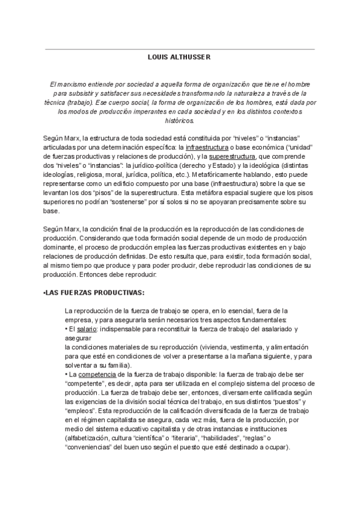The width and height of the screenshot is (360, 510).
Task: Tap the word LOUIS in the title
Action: pyautogui.click(x=158, y=57)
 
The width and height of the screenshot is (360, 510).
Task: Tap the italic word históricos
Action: pyautogui.click(x=180, y=120)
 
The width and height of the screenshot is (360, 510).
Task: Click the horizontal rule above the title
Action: pyautogui.click(x=180, y=49)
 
